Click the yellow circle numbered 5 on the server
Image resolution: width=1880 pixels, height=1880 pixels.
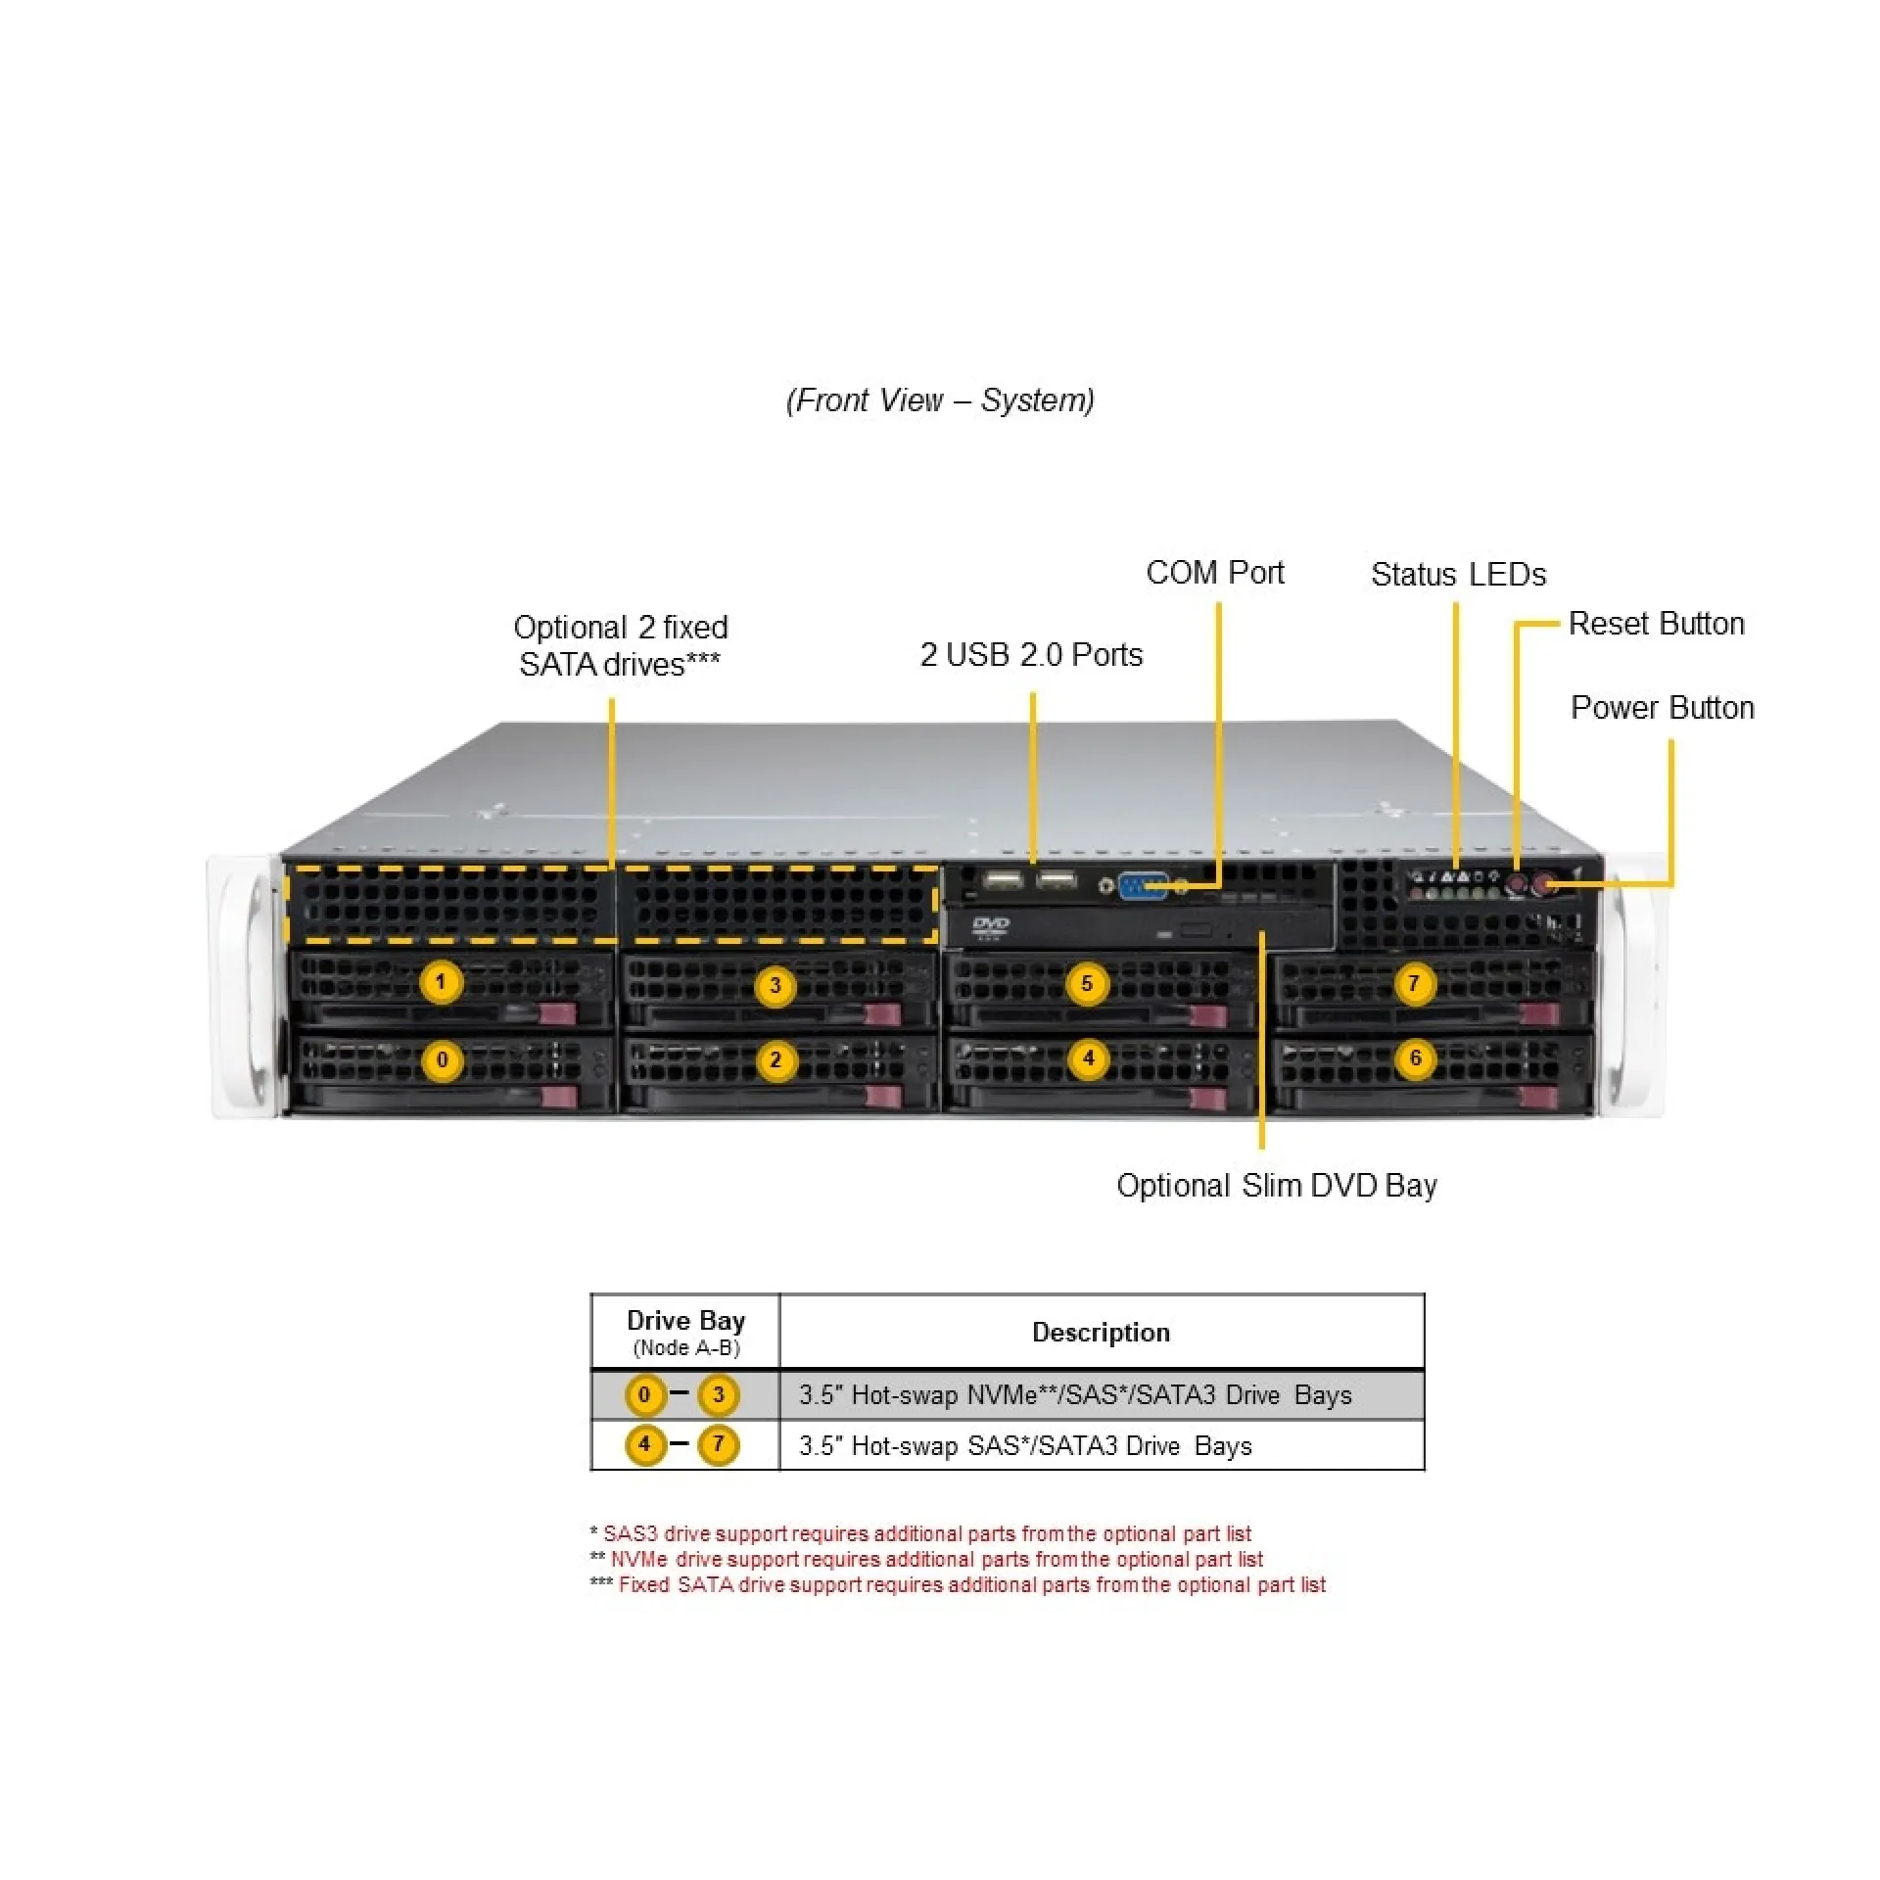[x=1086, y=983]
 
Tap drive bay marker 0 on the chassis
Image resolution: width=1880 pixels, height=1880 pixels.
[x=442, y=1059]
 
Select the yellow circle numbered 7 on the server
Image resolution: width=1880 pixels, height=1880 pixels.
[x=1413, y=983]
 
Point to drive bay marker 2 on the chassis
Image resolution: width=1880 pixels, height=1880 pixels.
[x=775, y=1059]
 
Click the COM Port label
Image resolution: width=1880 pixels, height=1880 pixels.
[x=1214, y=573]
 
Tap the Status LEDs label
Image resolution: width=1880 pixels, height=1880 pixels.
[x=1458, y=575]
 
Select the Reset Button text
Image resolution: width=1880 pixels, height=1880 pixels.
[x=1656, y=624]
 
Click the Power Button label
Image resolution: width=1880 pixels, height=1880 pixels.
[x=1662, y=708]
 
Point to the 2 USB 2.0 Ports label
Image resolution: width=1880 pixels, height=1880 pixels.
[x=1031, y=655]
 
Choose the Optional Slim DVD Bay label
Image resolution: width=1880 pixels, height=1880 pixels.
[x=1276, y=1186]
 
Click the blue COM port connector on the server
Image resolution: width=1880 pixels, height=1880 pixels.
[x=1142, y=885]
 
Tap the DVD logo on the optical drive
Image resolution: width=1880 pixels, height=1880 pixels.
[x=990, y=925]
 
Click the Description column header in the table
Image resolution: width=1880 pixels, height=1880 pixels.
[x=1101, y=1333]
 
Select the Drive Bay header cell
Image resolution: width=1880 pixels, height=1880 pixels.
[x=685, y=1332]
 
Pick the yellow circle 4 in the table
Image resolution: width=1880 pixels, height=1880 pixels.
[x=644, y=1444]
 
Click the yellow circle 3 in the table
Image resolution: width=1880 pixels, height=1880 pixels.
[x=718, y=1394]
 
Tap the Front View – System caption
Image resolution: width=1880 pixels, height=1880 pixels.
[x=940, y=400]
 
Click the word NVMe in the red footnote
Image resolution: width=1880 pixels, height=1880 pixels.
[x=639, y=1559]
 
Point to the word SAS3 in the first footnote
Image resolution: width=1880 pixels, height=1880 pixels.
[x=630, y=1533]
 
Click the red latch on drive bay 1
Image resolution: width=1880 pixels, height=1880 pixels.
[x=559, y=1014]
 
